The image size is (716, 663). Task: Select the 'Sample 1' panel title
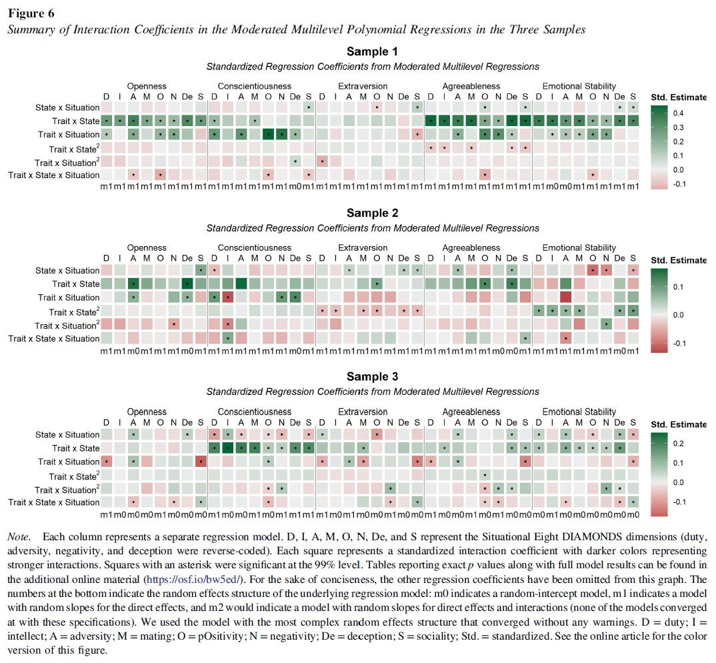pyautogui.click(x=372, y=52)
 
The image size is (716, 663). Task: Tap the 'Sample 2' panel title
pyautogui.click(x=372, y=213)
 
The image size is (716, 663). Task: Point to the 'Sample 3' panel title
pyautogui.click(x=372, y=377)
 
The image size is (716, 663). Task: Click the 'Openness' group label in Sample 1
pyautogui.click(x=147, y=86)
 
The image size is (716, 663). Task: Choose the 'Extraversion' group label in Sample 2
pyautogui.click(x=363, y=247)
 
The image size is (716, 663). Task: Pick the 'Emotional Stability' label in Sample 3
pyautogui.click(x=579, y=412)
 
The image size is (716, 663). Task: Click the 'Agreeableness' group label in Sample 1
pyautogui.click(x=471, y=86)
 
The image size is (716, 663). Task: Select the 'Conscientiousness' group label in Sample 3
pyautogui.click(x=254, y=412)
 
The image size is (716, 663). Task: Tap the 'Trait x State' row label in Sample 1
pyautogui.click(x=75, y=121)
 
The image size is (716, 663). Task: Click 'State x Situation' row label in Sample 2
pyautogui.click(x=67, y=271)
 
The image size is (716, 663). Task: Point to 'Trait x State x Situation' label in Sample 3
pyautogui.click(x=54, y=502)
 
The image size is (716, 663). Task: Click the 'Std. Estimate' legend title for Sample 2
pyautogui.click(x=679, y=260)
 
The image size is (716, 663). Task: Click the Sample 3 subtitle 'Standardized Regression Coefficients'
pyautogui.click(x=372, y=392)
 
